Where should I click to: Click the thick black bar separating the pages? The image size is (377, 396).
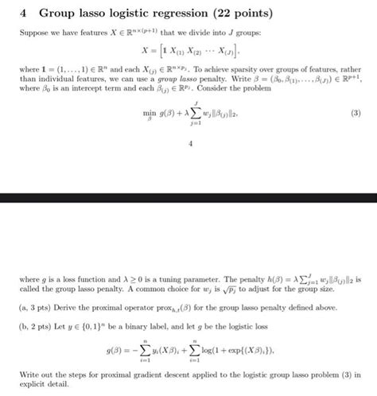point(188,196)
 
